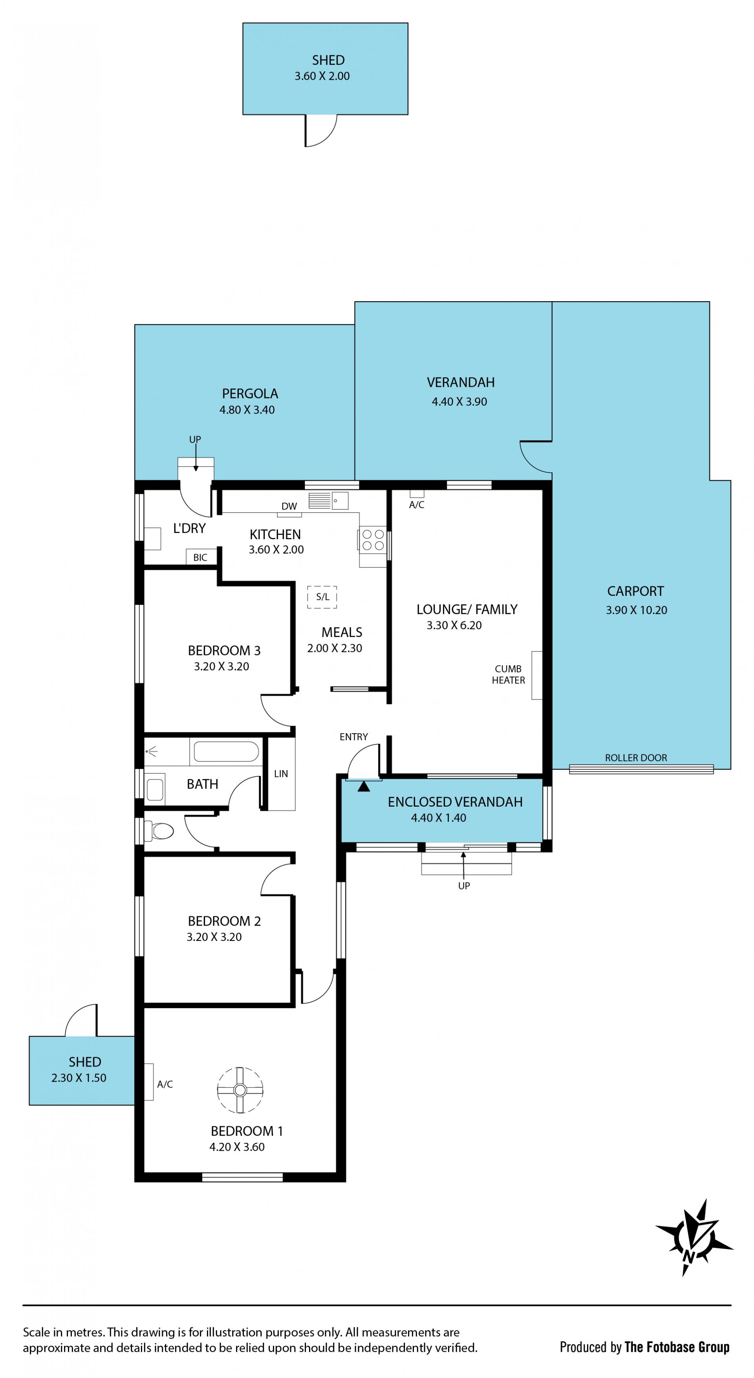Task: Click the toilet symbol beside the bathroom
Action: click(162, 831)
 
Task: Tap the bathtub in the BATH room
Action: click(226, 751)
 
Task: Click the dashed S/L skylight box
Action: click(322, 597)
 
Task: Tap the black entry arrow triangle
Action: click(364, 786)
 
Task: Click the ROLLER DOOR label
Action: click(636, 758)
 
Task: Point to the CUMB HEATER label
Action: click(509, 675)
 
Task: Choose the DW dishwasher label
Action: click(289, 506)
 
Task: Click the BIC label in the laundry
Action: click(200, 557)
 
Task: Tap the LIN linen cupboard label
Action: click(281, 774)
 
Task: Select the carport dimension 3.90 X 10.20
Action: click(636, 610)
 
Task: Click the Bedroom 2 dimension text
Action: click(214, 937)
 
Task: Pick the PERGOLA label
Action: click(250, 394)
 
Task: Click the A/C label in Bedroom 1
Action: click(165, 1084)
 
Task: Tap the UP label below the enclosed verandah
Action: click(464, 886)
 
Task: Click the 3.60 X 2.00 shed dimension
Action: click(322, 76)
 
